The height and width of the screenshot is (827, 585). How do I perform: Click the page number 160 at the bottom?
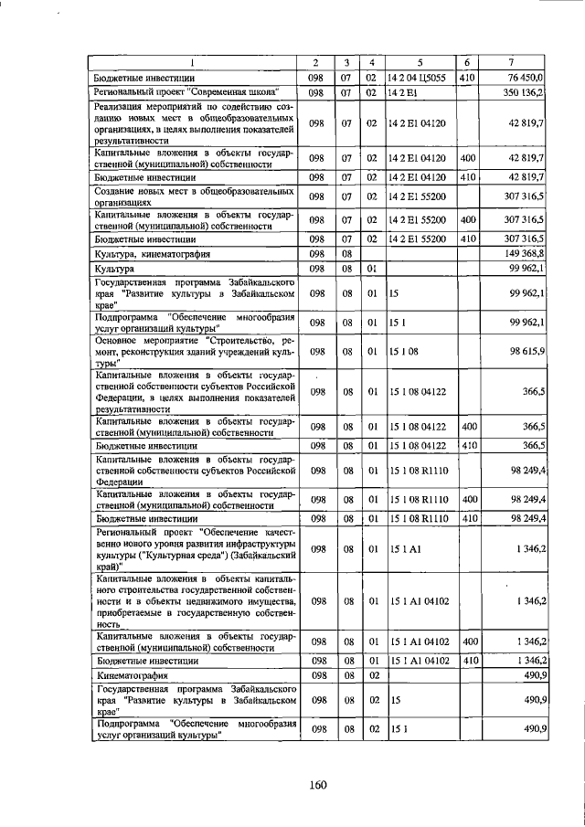[x=317, y=784]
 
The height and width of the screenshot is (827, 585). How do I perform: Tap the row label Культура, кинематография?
[x=153, y=253]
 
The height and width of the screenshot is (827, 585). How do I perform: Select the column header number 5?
[x=418, y=63]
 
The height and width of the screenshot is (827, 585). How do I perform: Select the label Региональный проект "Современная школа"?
[x=186, y=93]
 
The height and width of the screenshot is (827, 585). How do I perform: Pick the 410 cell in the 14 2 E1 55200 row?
[x=468, y=238]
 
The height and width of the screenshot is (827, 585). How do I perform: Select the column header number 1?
[x=192, y=63]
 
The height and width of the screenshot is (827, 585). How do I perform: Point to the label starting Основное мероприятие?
[x=192, y=352]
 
